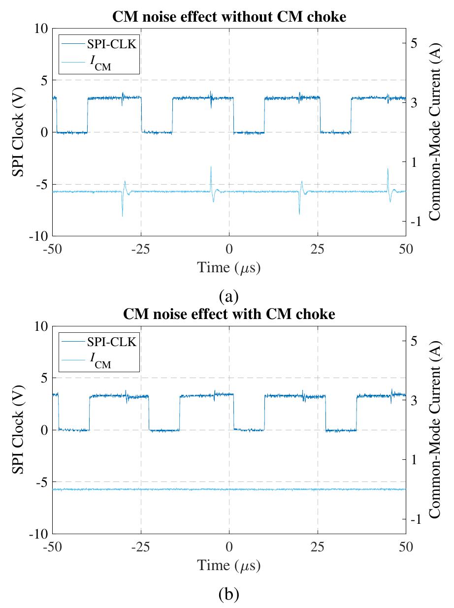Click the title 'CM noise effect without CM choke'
tap(229, 16)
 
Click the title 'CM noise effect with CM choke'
tap(229, 314)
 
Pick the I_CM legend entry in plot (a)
tap(100, 63)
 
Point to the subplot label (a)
tap(228, 297)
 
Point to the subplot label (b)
tap(228, 595)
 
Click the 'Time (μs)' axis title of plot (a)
tap(228, 268)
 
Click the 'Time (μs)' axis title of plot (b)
tap(228, 565)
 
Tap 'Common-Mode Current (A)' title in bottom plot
tap(434, 429)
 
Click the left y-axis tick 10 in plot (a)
tap(40, 29)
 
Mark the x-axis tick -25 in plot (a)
tap(141, 249)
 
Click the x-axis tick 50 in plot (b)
tap(406, 546)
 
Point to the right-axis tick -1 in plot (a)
tap(416, 222)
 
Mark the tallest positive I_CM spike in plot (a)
tap(211, 167)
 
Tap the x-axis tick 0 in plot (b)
tap(229, 546)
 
